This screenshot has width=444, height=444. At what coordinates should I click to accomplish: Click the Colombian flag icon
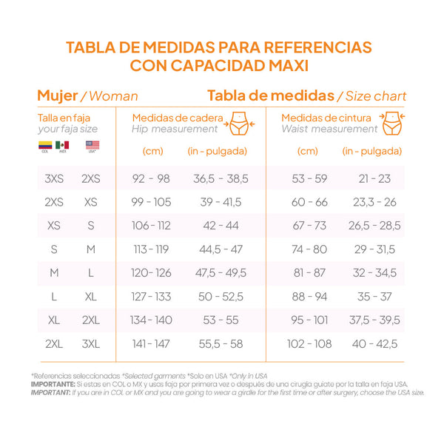pyautogui.click(x=45, y=146)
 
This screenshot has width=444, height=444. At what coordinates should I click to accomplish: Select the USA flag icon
pyautogui.click(x=92, y=145)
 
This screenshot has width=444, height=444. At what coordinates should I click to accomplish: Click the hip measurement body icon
pyautogui.click(x=238, y=123)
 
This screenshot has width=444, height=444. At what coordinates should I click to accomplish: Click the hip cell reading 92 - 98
pyautogui.click(x=151, y=178)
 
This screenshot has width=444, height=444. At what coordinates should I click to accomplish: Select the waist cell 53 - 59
pyautogui.click(x=309, y=178)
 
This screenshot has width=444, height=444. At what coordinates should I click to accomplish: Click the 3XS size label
pyautogui.click(x=54, y=178)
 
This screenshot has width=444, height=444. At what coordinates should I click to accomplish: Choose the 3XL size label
pyautogui.click(x=91, y=343)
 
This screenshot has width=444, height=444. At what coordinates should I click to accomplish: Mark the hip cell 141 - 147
pyautogui.click(x=151, y=343)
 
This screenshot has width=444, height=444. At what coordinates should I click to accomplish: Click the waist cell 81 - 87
pyautogui.click(x=309, y=273)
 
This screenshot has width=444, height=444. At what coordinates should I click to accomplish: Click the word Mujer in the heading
pyautogui.click(x=57, y=95)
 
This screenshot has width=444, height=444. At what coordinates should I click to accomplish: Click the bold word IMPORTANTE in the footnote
pyautogui.click(x=53, y=385)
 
